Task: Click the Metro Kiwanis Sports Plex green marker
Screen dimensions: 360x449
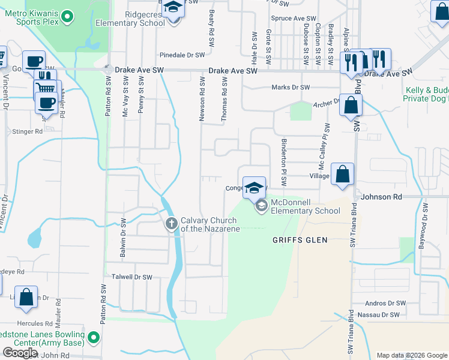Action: coord(67,18)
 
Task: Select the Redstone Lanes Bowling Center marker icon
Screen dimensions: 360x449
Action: coord(93,338)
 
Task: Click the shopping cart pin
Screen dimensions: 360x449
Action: coord(45,88)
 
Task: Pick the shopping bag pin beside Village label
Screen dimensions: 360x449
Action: coord(342,175)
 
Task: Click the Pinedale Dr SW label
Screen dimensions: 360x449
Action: coord(182,55)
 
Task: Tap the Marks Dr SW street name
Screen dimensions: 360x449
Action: coord(291,87)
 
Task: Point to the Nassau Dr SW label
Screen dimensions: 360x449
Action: coord(378,314)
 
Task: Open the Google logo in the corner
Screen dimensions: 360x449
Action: coord(20,353)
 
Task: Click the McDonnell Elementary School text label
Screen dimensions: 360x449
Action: coord(306,206)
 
